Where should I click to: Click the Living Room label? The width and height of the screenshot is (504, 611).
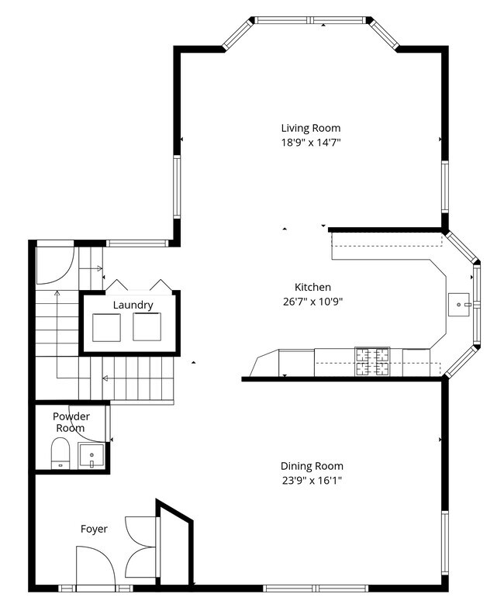310,128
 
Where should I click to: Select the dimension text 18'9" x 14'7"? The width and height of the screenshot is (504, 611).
310,142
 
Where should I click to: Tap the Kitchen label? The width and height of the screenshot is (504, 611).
312,287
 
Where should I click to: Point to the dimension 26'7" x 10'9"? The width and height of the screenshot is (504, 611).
312,301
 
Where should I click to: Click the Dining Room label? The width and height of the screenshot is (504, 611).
312,466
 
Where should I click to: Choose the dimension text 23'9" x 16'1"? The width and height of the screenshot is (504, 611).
312,480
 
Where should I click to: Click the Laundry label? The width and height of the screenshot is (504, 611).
133,305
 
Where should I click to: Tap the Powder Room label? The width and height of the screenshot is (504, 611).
71,422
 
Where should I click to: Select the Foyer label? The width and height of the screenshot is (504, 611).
94,529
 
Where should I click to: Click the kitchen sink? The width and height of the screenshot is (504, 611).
460,303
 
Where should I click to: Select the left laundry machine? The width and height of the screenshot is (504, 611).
107,327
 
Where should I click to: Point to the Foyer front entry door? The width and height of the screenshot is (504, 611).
95,566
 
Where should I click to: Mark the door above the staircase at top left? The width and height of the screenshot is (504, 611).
54,264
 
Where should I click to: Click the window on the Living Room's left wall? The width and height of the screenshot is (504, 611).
177,186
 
